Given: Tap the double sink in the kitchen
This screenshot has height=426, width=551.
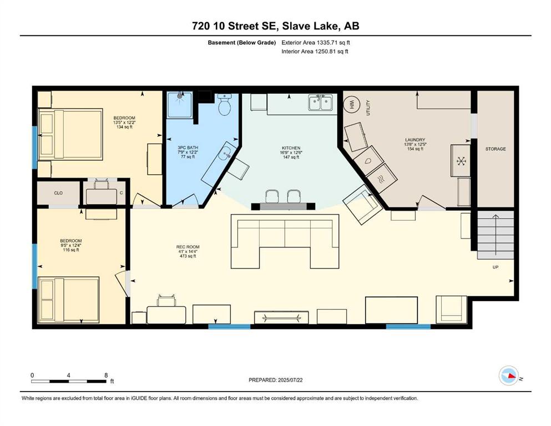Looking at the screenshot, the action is click(321, 103).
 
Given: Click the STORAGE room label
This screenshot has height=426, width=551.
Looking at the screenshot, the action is click(496, 149).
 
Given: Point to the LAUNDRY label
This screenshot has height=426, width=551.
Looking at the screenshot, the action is click(415, 140).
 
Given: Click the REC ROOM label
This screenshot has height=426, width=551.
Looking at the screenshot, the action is click(188, 247).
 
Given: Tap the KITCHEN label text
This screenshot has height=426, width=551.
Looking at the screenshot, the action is click(291, 148).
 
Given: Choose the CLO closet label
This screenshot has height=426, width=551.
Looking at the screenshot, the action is click(58, 193).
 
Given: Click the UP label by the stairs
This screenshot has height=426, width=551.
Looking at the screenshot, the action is click(496, 267).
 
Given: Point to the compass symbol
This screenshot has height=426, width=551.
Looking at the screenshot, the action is click(509, 376).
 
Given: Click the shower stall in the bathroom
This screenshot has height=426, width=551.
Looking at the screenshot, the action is click(180, 105).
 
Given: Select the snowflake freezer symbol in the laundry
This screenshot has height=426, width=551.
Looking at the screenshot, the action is click(461, 161).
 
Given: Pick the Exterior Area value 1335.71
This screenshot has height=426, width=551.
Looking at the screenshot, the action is click(328, 43).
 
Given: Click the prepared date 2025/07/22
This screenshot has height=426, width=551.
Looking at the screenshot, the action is click(290, 380).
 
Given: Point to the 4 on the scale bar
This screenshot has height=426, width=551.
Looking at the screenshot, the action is click(68, 376).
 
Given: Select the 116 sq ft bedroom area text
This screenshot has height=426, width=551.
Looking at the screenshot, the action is click(70, 250).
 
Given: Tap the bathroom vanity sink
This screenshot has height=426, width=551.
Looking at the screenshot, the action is click(225, 153).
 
